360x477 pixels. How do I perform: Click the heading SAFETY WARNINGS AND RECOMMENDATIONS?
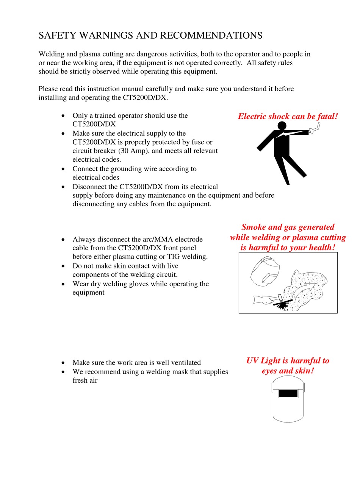click(150, 36)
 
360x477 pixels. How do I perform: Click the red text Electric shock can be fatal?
click(288, 116)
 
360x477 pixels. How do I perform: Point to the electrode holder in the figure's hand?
click(314, 129)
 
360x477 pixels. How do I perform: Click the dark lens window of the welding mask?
click(288, 393)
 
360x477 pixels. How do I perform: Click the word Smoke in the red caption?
click(254, 227)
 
